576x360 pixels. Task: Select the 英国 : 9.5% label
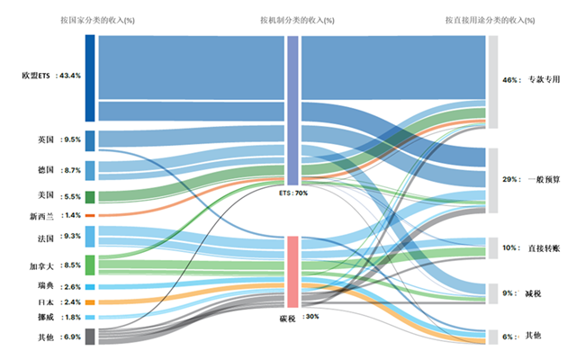tap(58, 139)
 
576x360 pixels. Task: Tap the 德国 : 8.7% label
tap(58, 169)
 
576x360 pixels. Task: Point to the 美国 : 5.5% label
tap(58, 196)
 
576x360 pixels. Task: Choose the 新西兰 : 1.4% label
tap(56, 216)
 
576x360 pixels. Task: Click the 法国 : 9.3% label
tap(58, 237)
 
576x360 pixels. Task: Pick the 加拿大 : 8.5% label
tap(56, 265)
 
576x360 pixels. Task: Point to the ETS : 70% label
tap(293, 193)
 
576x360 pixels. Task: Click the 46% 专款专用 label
tap(531, 80)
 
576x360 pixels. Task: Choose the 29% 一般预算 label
tap(531, 180)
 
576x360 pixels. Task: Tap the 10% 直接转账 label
tap(531, 247)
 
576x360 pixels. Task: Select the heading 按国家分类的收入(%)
tap(97, 19)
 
